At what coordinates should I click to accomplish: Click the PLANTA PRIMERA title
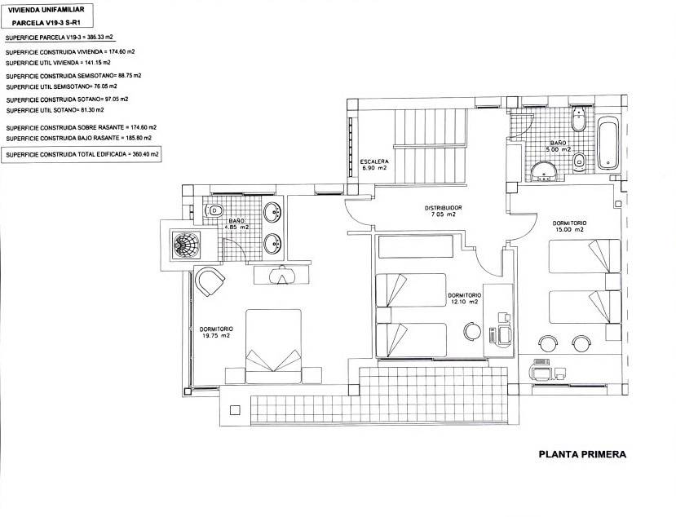pyautogui.click(x=582, y=454)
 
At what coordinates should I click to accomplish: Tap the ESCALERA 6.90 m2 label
pyautogui.click(x=374, y=165)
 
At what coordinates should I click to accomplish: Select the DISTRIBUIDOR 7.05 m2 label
pyautogui.click(x=444, y=211)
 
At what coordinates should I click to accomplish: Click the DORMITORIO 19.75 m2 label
pyautogui.click(x=216, y=332)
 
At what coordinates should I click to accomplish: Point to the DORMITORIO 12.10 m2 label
pyautogui.click(x=465, y=298)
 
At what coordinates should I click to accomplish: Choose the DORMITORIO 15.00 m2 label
pyautogui.click(x=569, y=227)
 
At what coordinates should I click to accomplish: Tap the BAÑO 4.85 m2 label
pyautogui.click(x=236, y=223)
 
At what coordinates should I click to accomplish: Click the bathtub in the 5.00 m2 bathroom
pyautogui.click(x=608, y=143)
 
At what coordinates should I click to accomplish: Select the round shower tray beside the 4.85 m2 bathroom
pyautogui.click(x=186, y=245)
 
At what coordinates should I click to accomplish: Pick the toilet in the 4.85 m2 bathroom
pyautogui.click(x=214, y=210)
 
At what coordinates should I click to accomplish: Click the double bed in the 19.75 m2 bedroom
pyautogui.click(x=273, y=347)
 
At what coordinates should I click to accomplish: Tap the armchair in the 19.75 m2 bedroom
pyautogui.click(x=210, y=281)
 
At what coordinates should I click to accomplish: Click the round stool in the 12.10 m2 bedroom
pyautogui.click(x=472, y=331)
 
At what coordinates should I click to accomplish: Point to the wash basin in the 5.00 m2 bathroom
pyautogui.click(x=544, y=170)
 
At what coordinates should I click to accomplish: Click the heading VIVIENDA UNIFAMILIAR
pyautogui.click(x=46, y=10)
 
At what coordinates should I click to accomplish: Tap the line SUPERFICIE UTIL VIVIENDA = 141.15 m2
pyautogui.click(x=58, y=63)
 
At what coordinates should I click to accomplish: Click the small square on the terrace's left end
pyautogui.click(x=235, y=409)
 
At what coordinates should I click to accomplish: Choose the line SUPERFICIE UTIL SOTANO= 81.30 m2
pyautogui.click(x=55, y=110)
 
